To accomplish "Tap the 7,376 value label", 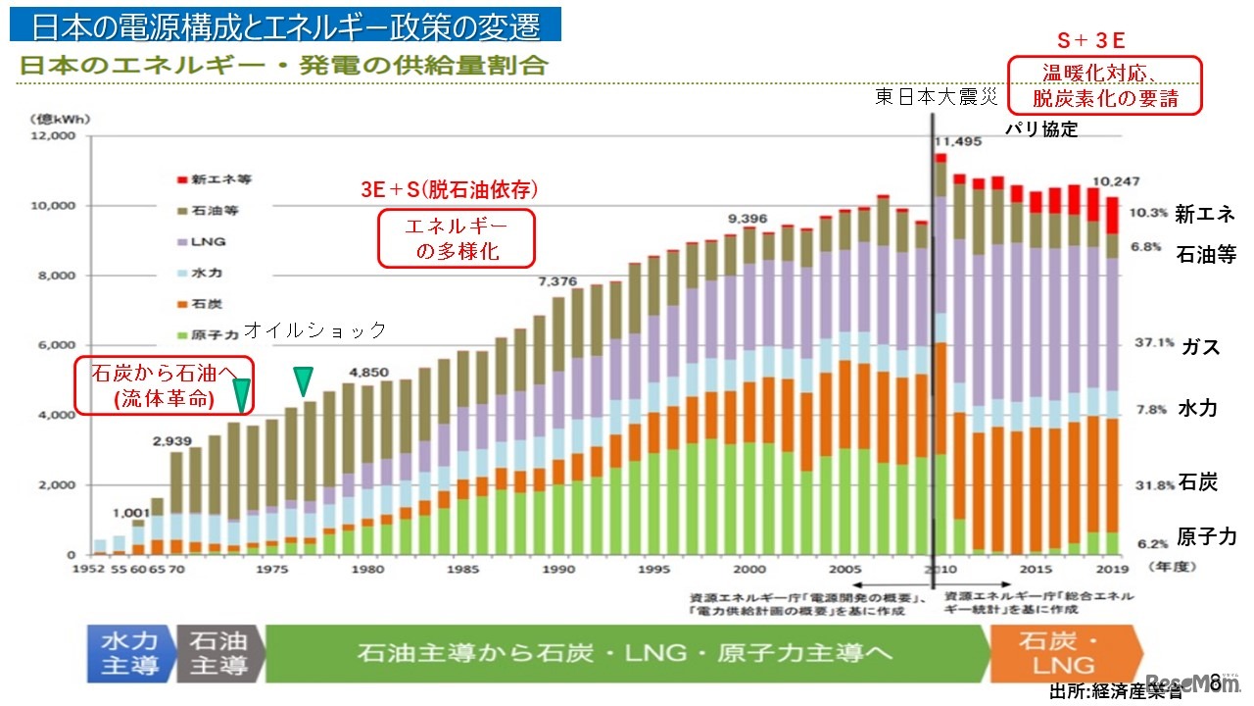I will tap(557, 281).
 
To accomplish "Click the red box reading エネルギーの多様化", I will tap(457, 237).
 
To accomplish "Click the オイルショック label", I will tap(314, 330).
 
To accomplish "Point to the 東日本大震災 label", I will tap(937, 97).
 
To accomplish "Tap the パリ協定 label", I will tap(1041, 128).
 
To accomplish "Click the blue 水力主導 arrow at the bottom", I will tap(128, 653).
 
